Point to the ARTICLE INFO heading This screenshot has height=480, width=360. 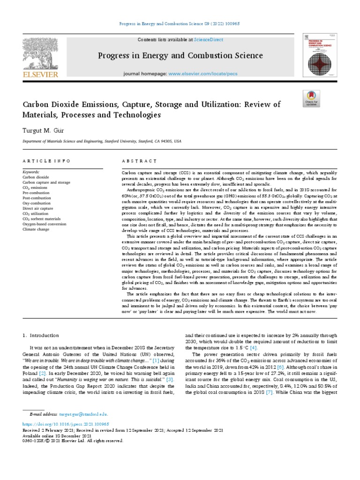pos(47,161)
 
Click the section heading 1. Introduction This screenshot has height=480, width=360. pos(41,336)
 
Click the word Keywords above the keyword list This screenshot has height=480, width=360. pos(31,172)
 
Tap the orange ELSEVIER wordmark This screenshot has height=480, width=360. pos(41,74)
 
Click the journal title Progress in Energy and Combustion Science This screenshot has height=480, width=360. pos(180,56)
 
